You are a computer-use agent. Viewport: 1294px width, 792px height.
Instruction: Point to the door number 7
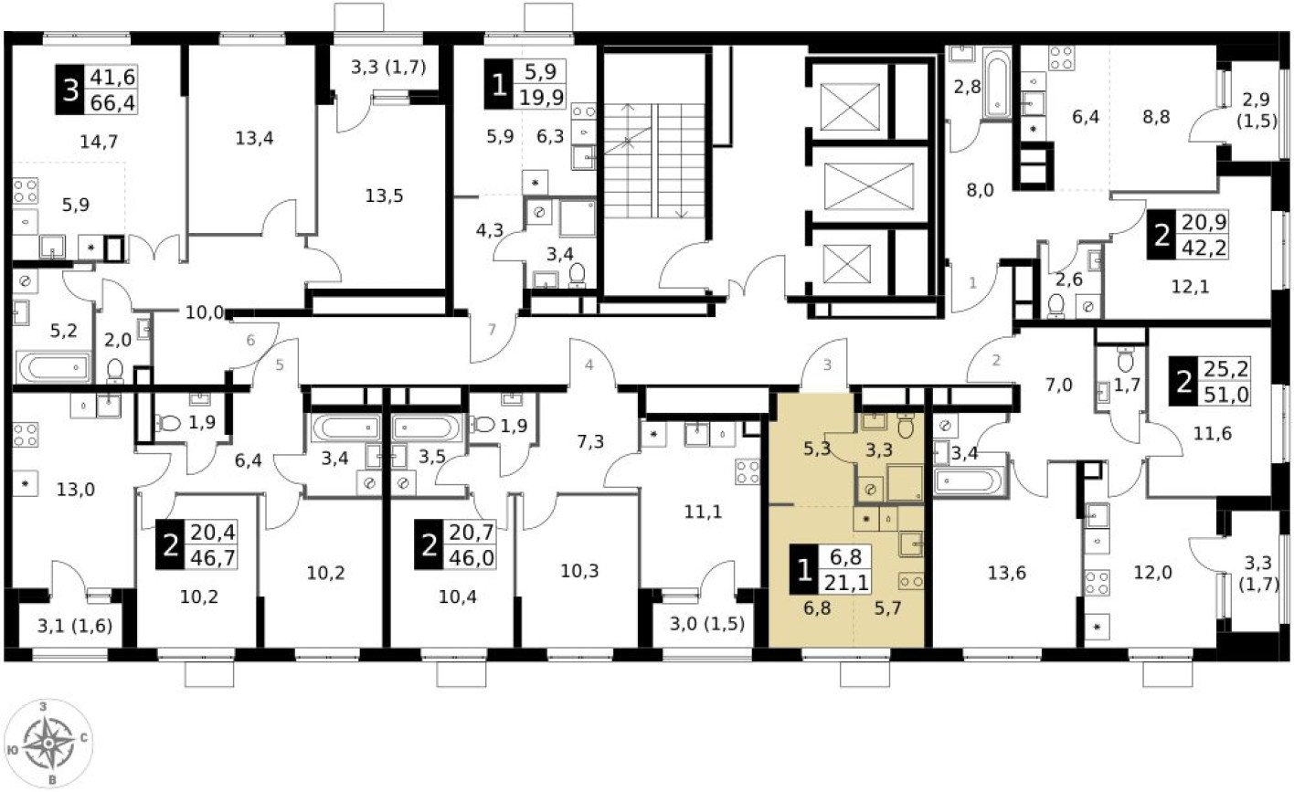[x=492, y=330]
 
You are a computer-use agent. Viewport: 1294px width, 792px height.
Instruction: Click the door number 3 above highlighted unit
[x=827, y=365]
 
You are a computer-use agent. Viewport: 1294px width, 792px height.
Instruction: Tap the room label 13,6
[x=1006, y=573]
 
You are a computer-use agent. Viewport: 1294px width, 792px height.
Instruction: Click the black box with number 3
[x=69, y=90]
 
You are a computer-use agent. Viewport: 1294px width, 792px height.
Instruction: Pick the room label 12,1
[x=1190, y=288]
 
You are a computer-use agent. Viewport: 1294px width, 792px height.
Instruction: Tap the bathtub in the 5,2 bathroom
[x=53, y=367]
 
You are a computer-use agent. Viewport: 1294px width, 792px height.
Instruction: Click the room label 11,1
[x=704, y=512]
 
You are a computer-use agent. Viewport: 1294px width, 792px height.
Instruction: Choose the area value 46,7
[x=212, y=554]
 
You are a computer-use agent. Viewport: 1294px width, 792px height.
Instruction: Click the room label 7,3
[x=589, y=442]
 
